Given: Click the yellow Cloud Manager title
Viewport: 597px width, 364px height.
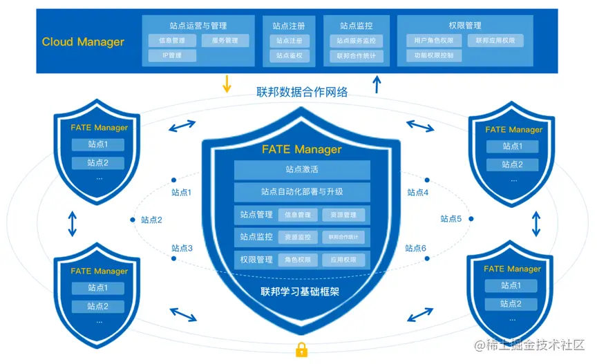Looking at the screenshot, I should pyautogui.click(x=83, y=42).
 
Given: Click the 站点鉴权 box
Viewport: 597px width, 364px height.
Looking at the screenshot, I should pyautogui.click(x=290, y=56).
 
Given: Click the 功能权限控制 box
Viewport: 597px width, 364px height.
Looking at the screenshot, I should pyautogui.click(x=434, y=56).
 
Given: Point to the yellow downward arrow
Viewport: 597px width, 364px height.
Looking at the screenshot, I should pyautogui.click(x=226, y=84).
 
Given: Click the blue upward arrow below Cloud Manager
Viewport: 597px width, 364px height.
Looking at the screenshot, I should pyautogui.click(x=377, y=84).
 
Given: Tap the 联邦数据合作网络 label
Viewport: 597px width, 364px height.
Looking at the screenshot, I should pyautogui.click(x=302, y=92).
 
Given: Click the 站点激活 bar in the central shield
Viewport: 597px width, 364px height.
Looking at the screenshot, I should pyautogui.click(x=302, y=170).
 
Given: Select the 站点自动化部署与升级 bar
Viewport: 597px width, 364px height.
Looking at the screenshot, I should pyautogui.click(x=302, y=192).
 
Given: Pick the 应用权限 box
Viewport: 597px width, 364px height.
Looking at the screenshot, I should pyautogui.click(x=344, y=260).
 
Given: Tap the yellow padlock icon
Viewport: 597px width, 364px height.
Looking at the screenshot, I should pyautogui.click(x=301, y=349).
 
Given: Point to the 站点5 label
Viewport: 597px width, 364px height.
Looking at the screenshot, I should pyautogui.click(x=451, y=219).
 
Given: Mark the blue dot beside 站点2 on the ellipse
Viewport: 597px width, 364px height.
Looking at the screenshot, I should pyautogui.click(x=132, y=220).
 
